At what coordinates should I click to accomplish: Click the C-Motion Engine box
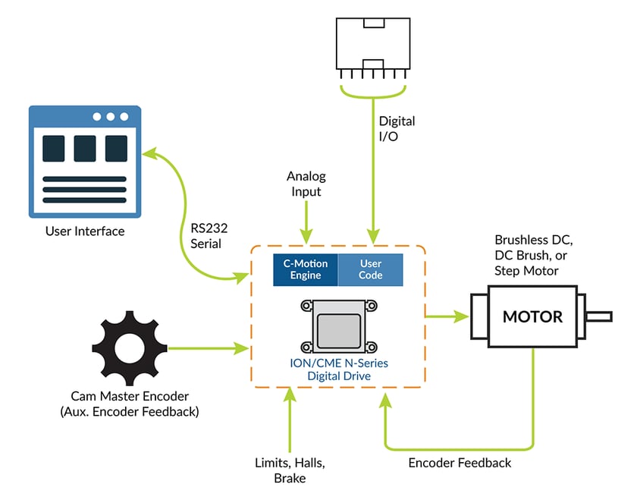click(x=306, y=269)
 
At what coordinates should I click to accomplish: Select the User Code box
click(x=371, y=269)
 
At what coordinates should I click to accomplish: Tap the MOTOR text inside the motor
click(x=533, y=316)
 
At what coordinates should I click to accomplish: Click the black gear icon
click(x=133, y=348)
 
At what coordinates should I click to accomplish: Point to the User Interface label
click(x=85, y=231)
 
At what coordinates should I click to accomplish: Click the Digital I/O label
click(x=397, y=128)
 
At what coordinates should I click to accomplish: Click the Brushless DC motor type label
click(x=533, y=255)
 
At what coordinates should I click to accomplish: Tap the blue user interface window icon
click(x=85, y=162)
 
